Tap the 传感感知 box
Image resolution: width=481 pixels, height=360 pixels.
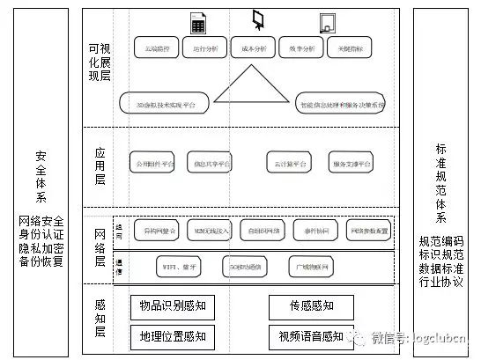[x=311, y=307]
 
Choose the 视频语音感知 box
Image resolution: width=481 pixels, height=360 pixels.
[x=311, y=335]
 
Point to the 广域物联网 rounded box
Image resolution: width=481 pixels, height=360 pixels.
[x=313, y=265]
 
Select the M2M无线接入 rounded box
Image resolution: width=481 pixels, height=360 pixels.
[x=210, y=231]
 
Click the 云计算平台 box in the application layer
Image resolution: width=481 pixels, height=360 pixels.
[x=288, y=164]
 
